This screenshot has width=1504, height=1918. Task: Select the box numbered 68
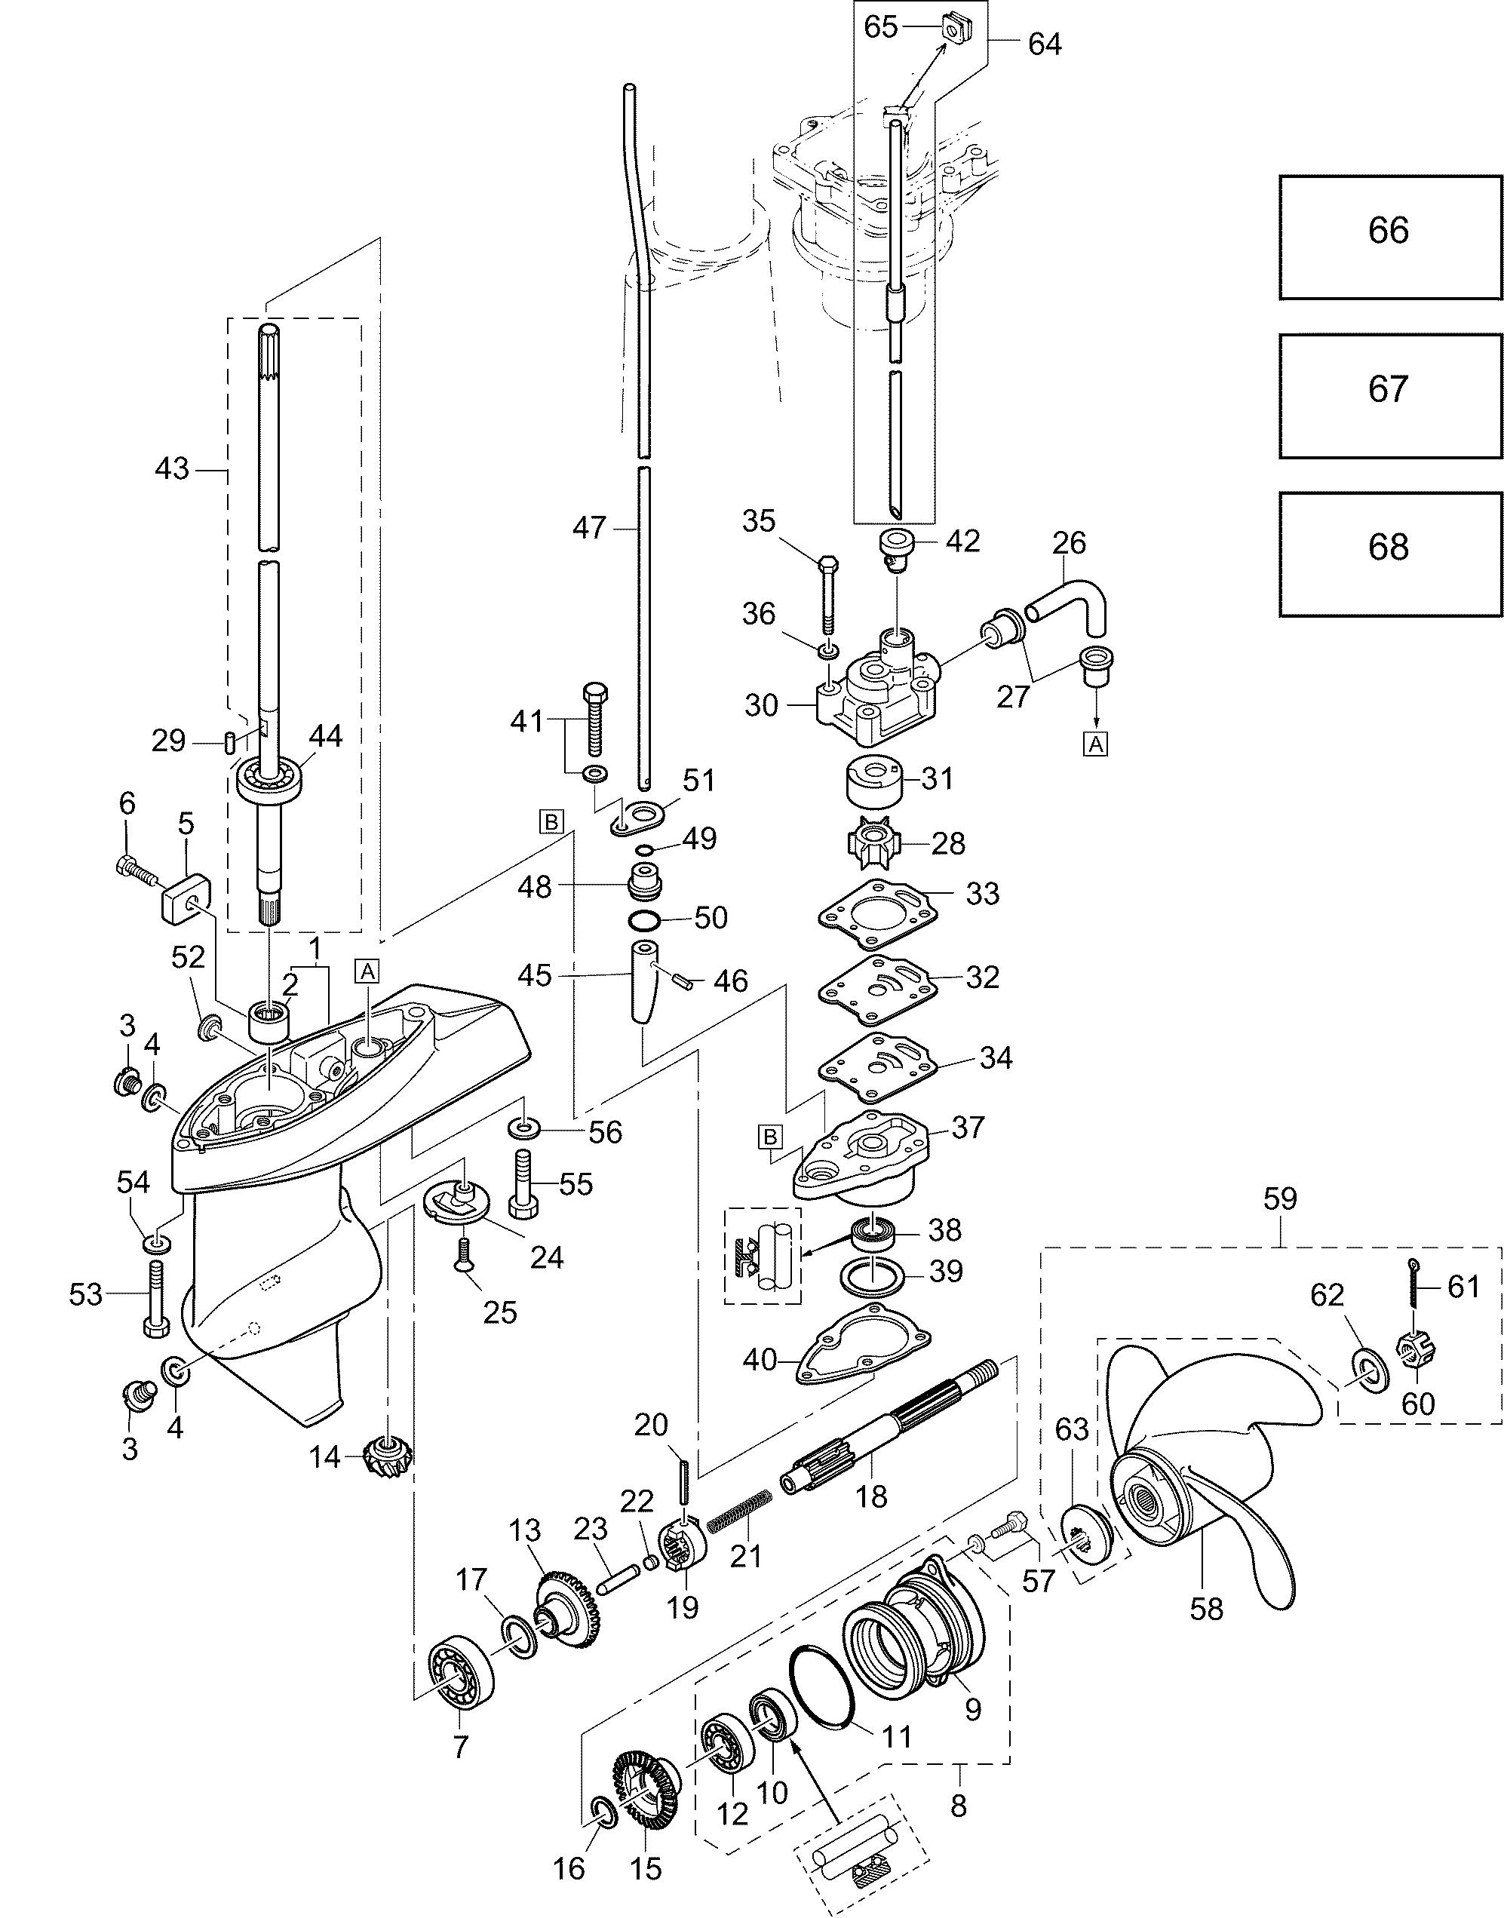pos(1390,554)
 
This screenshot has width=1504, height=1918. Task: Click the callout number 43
pos(172,468)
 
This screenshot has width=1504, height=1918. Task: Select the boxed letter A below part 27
pos(1095,744)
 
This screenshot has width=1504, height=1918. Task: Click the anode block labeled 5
pos(183,895)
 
